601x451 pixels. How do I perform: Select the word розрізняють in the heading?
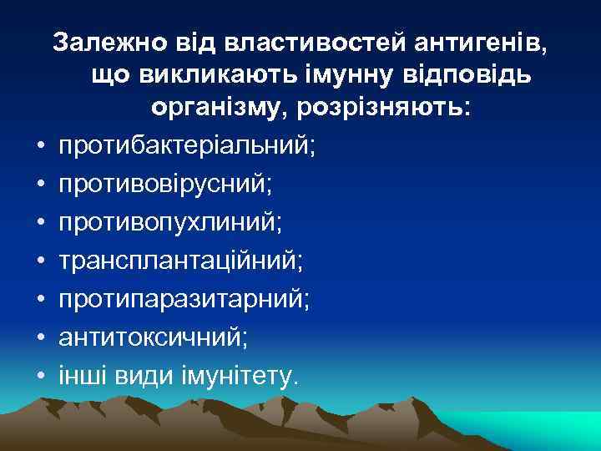pyautogui.click(x=394, y=109)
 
